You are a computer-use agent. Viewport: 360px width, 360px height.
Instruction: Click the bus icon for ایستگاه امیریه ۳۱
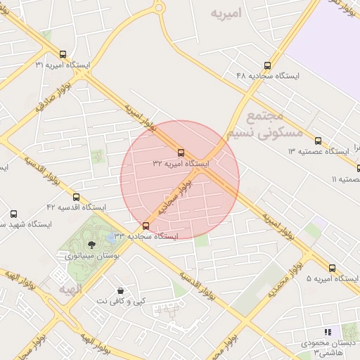[63, 54]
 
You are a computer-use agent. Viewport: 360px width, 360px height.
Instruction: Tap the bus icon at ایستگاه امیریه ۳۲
[181, 153]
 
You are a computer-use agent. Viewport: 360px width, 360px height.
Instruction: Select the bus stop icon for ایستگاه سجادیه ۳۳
[146, 226]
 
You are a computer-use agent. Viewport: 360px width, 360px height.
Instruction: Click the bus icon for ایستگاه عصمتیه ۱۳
[318, 141]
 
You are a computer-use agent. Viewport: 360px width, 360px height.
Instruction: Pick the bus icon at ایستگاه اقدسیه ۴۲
[76, 197]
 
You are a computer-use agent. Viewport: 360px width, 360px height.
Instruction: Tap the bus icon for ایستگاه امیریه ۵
[333, 268]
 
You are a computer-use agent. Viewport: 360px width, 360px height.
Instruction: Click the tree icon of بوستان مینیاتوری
[91, 244]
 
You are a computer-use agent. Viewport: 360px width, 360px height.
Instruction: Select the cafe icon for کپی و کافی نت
[121, 290]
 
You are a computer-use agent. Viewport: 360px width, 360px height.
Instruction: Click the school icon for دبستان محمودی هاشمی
[327, 332]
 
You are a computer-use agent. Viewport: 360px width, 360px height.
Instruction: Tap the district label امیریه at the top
[231, 13]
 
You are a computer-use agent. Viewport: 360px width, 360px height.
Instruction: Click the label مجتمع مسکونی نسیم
[264, 124]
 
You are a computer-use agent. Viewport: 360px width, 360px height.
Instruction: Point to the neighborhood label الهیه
[70, 289]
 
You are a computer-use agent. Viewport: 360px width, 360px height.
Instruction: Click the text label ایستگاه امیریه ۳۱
[63, 65]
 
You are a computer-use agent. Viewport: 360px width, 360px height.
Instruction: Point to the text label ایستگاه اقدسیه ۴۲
[76, 207]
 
